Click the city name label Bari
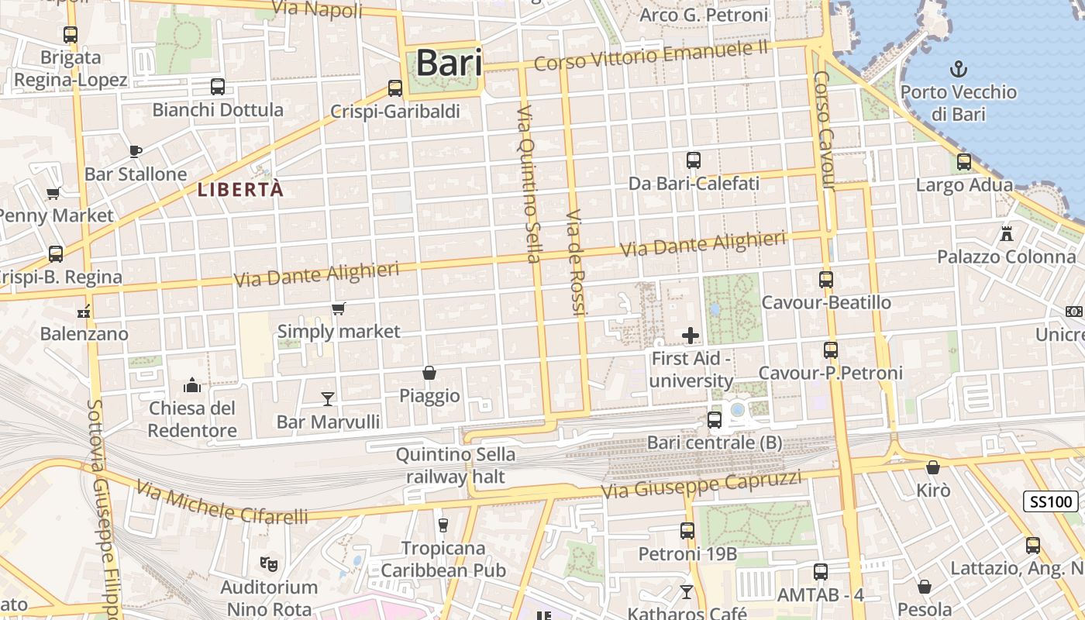pyautogui.click(x=449, y=64)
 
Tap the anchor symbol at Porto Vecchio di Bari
pyautogui.click(x=959, y=69)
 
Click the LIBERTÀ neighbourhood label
pyautogui.click(x=240, y=189)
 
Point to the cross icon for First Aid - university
pyautogui.click(x=690, y=336)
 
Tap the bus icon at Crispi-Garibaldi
pyautogui.click(x=395, y=88)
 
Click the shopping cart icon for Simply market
pyautogui.click(x=339, y=309)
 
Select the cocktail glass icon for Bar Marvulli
pyautogui.click(x=328, y=398)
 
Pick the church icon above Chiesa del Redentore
pyautogui.click(x=192, y=385)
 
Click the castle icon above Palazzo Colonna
pyautogui.click(x=1007, y=233)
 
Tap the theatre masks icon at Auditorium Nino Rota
pyautogui.click(x=269, y=563)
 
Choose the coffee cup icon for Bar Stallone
pyautogui.click(x=136, y=151)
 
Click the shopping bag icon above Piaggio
pyautogui.click(x=429, y=373)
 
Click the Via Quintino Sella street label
pyautogui.click(x=529, y=183)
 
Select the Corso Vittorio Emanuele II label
pyautogui.click(x=650, y=55)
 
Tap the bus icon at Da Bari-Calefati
pyautogui.click(x=694, y=160)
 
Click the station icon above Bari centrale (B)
pyautogui.click(x=715, y=420)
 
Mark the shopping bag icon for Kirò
pyautogui.click(x=933, y=467)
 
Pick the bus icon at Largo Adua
pyautogui.click(x=964, y=162)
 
